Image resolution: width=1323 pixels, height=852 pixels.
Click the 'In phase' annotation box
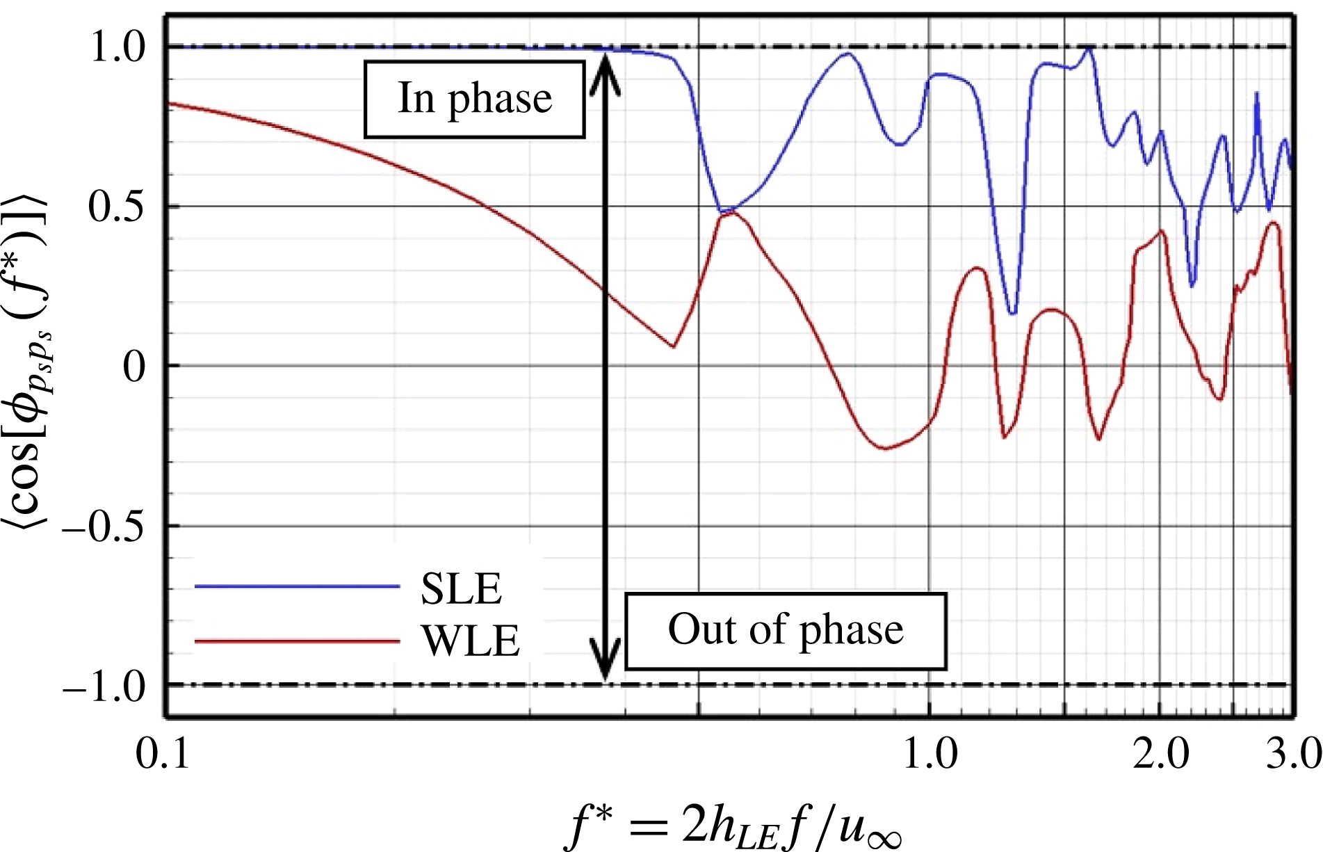474,99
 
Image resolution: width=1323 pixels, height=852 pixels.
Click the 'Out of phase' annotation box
786,631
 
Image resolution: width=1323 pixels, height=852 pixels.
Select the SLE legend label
461,589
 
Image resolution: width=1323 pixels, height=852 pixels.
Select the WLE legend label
471,641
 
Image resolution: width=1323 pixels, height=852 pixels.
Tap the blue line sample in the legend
297,587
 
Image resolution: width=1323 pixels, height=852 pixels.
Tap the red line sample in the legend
297,640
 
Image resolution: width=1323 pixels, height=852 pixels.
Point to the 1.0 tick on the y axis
118,47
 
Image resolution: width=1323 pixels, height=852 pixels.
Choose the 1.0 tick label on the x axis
930,753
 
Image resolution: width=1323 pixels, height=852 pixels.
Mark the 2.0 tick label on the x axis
1160,753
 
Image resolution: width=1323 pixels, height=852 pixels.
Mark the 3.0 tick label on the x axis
1293,753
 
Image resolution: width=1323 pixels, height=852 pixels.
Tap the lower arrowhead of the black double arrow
606,661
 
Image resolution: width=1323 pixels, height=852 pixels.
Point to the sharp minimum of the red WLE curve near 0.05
673,346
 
